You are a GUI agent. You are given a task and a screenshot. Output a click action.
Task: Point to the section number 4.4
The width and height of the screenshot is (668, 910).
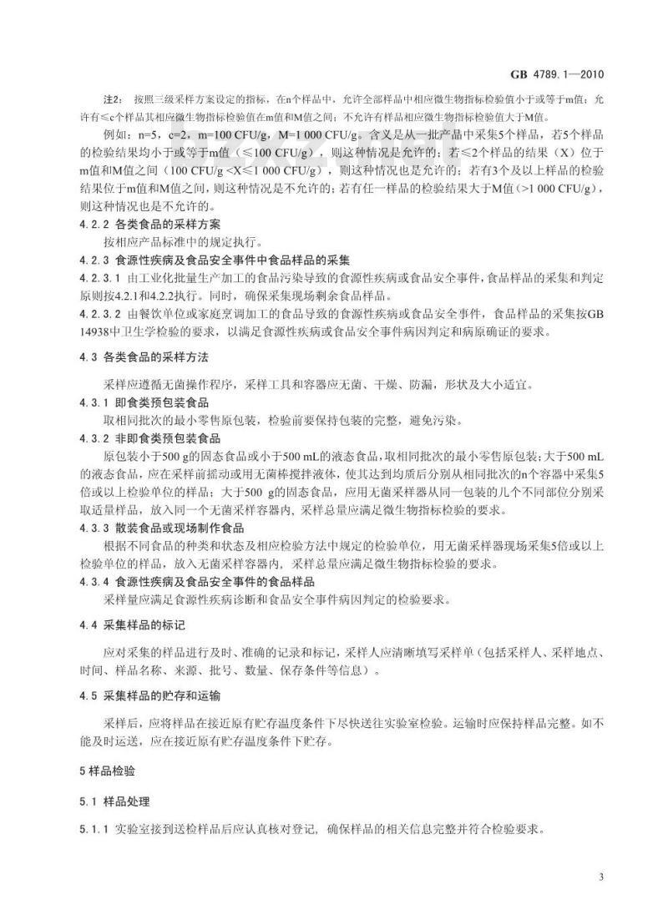coord(83,625)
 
